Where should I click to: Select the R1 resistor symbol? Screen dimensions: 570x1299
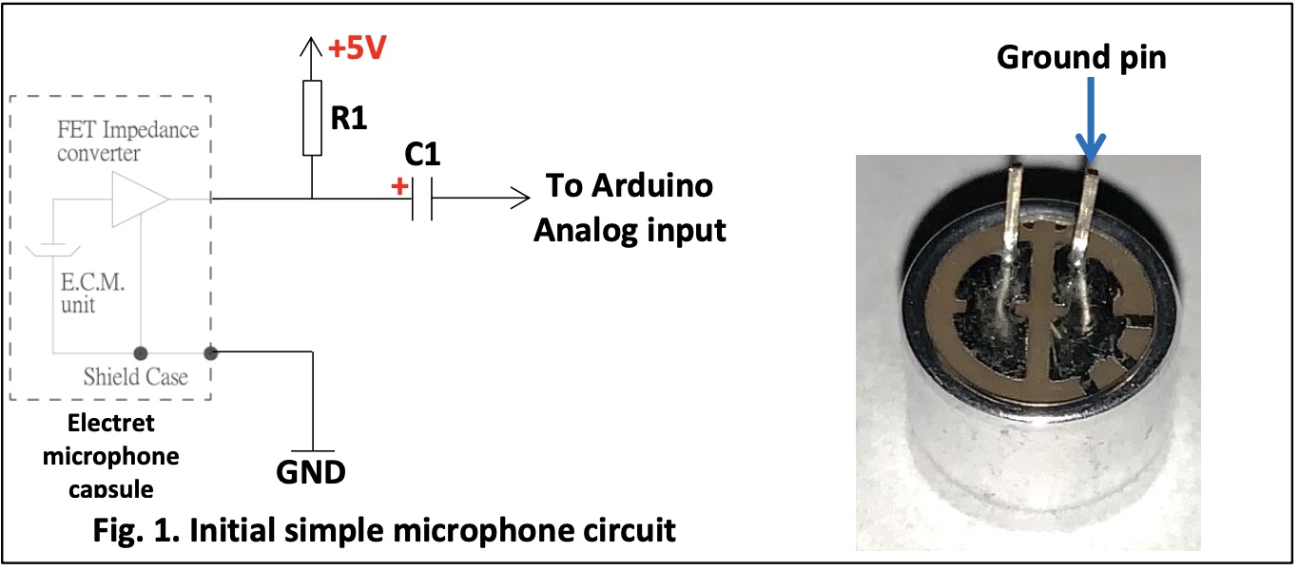click(312, 118)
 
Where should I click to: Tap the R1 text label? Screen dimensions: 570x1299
click(349, 119)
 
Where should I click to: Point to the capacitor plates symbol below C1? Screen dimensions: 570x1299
click(422, 199)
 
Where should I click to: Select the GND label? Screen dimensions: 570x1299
click(310, 471)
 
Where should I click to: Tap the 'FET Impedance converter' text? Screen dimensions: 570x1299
click(127, 141)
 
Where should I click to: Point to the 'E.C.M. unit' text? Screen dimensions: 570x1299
click(94, 294)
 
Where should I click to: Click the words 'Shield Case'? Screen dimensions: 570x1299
click(135, 376)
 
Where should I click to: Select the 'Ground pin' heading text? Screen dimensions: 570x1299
click(1081, 58)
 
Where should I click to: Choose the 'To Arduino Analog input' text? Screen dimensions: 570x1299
click(630, 207)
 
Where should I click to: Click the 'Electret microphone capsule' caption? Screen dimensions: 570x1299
click(110, 456)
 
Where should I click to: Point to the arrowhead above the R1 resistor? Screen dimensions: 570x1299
click(312, 47)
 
